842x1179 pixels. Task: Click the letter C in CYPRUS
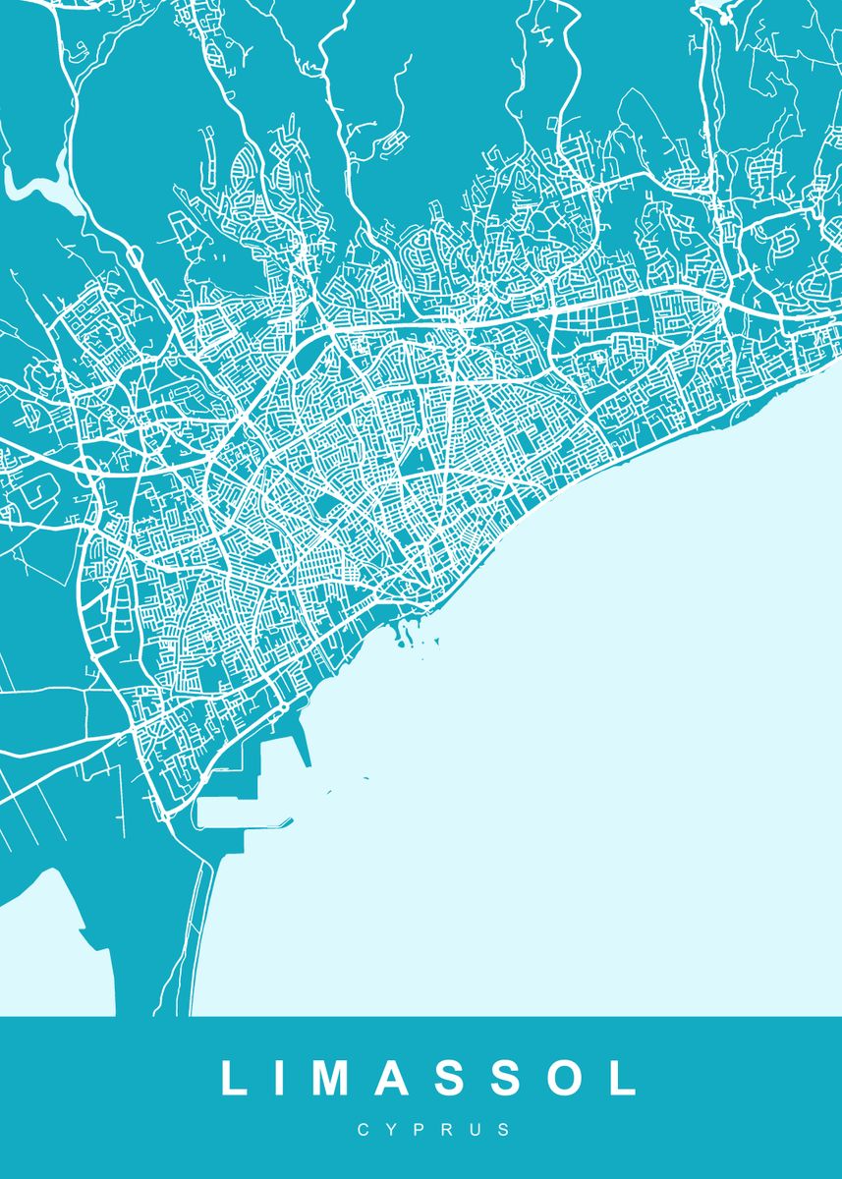pyautogui.click(x=364, y=1130)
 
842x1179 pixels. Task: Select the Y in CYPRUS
pyautogui.click(x=392, y=1130)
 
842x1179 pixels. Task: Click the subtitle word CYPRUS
pyautogui.click(x=433, y=1130)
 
